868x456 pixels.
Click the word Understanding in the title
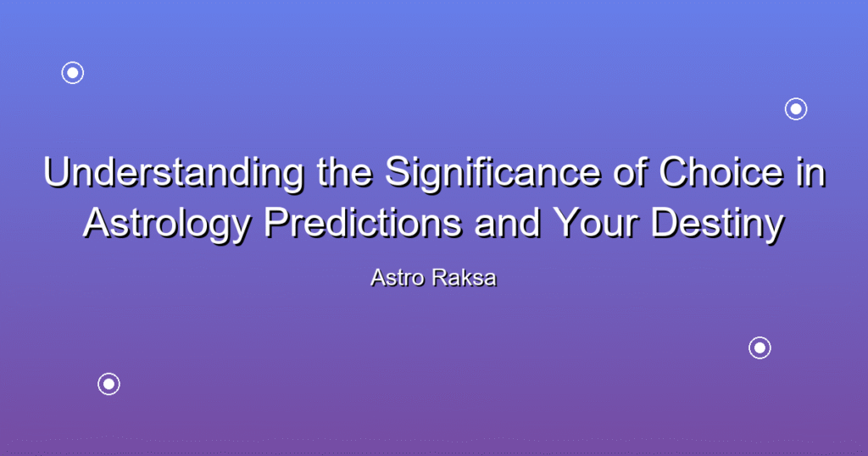point(173,173)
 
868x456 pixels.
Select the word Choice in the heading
point(721,173)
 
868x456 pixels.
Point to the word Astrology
point(168,225)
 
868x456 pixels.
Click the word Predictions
point(363,224)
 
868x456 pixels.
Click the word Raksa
point(465,278)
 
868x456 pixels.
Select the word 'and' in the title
point(507,224)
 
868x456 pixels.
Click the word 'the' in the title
point(344,173)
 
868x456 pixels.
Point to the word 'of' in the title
point(630,173)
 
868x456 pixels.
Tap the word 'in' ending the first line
point(810,173)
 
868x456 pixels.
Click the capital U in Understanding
point(58,173)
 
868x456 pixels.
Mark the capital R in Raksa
point(441,278)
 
